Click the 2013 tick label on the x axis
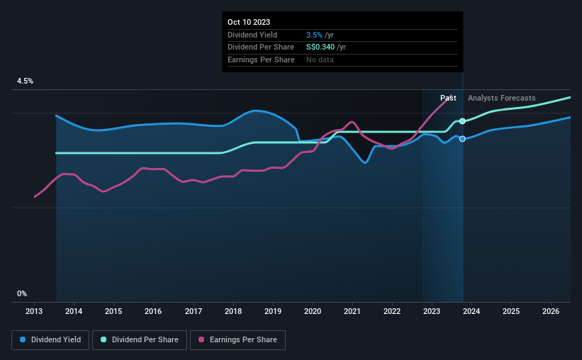click(34, 311)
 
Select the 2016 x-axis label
click(153, 311)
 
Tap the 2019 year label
click(273, 311)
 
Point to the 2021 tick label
click(352, 311)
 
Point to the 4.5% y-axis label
click(25, 81)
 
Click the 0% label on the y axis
click(22, 293)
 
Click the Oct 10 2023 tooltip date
click(250, 22)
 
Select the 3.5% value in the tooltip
click(314, 35)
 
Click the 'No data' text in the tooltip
click(320, 60)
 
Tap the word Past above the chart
click(448, 98)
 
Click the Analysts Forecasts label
click(502, 98)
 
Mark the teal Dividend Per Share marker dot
click(462, 121)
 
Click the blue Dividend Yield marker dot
click(462, 139)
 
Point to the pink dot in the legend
click(202, 340)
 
